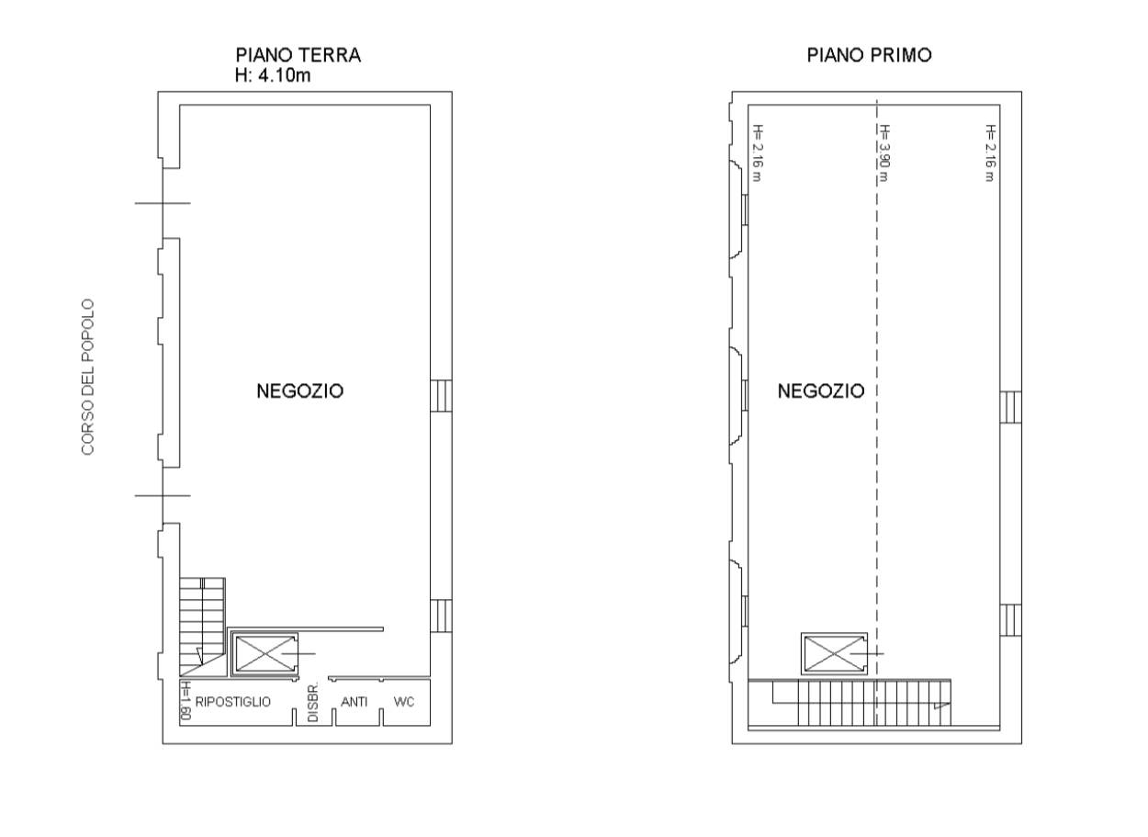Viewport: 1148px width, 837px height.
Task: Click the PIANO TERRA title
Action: [298, 55]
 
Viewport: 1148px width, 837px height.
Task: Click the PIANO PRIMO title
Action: [869, 55]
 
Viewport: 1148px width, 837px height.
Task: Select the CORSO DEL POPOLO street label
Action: [88, 376]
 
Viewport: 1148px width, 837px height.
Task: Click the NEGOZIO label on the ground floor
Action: [299, 391]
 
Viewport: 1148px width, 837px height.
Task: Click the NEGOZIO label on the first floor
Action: [821, 391]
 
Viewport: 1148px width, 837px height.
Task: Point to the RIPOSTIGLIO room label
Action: [233, 702]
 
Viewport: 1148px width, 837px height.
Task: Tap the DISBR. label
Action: [312, 703]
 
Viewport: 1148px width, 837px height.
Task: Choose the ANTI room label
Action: [355, 702]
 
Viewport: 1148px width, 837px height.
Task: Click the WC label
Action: [404, 702]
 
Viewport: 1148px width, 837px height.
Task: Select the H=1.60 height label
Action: [185, 702]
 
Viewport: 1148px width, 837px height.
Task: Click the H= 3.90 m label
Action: [884, 153]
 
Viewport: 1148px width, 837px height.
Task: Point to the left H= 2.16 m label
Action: [758, 153]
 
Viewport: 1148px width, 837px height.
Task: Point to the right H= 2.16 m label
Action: [990, 153]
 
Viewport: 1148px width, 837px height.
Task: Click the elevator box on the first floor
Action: [833, 653]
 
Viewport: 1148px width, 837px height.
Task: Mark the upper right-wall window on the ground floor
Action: [441, 395]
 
